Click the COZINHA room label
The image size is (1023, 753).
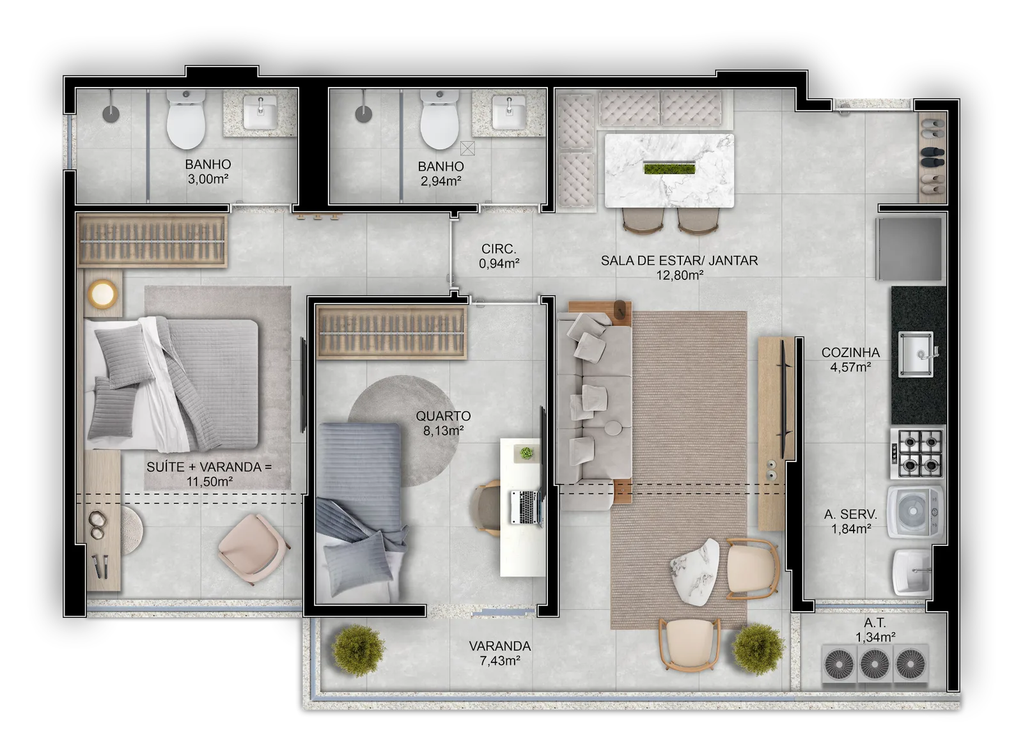click(x=850, y=352)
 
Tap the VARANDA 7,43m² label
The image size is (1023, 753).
click(x=500, y=653)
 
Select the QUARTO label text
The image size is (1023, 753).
click(x=443, y=416)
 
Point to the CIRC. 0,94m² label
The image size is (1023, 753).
click(x=499, y=256)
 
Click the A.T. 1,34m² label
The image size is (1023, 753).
click(x=875, y=630)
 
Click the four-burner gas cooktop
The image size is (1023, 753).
click(x=918, y=453)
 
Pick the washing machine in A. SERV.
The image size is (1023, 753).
click(x=915, y=512)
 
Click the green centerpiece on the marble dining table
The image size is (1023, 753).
click(x=669, y=168)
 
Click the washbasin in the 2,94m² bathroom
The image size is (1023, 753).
click(x=509, y=112)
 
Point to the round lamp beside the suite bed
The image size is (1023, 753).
click(x=102, y=293)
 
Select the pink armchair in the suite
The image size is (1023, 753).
click(x=253, y=549)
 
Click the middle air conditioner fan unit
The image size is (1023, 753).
click(x=875, y=663)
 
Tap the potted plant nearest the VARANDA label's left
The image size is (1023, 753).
click(x=358, y=650)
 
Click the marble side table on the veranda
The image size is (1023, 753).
click(x=694, y=571)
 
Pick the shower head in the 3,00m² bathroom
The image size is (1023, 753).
click(x=111, y=114)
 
